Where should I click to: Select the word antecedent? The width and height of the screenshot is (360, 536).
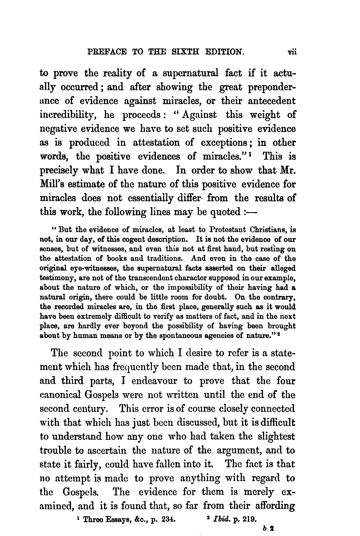[268, 101]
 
